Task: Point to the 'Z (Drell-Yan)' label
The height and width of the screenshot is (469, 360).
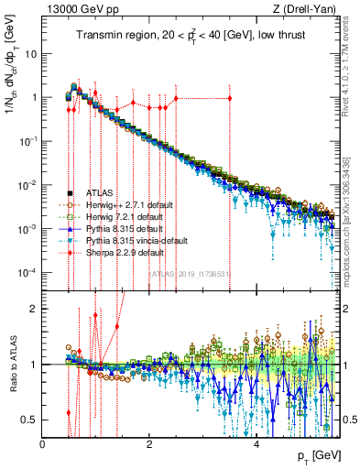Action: point(309,9)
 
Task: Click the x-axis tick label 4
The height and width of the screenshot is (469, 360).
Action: point(257,443)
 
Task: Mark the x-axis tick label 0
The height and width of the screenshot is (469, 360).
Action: point(43,443)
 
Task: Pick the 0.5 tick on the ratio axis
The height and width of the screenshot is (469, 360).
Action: point(30,420)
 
